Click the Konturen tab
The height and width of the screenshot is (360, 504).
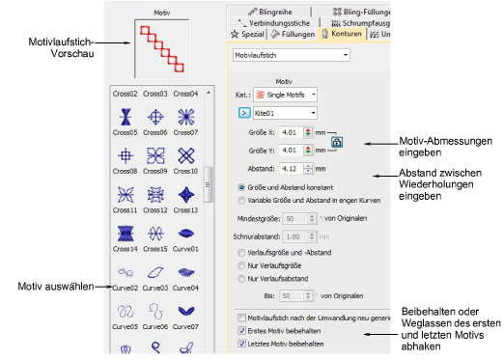pos(340,34)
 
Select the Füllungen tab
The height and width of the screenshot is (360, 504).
pos(290,34)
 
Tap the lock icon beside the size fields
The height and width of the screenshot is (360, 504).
pos(337,141)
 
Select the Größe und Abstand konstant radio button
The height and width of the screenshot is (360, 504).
pos(241,185)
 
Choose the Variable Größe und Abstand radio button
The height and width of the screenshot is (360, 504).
pos(241,199)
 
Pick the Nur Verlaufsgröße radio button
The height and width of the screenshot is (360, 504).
pos(241,266)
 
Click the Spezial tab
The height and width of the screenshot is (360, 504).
pos(246,34)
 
